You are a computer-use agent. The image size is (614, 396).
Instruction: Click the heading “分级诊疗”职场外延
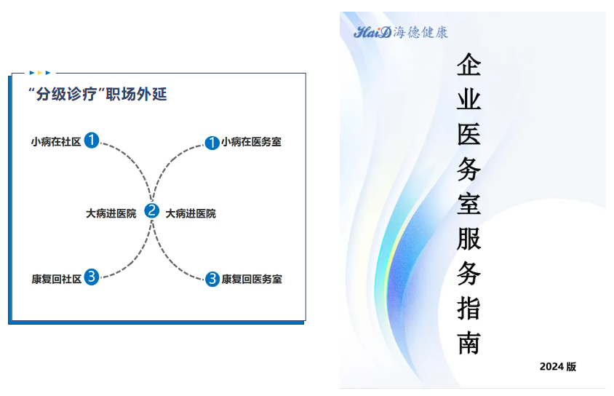point(97,94)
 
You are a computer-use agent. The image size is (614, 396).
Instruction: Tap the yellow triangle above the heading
point(39,73)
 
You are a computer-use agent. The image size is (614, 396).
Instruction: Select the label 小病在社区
point(56,142)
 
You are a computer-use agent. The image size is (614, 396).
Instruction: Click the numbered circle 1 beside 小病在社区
point(92,140)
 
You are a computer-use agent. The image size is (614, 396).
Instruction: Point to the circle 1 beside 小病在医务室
point(212,143)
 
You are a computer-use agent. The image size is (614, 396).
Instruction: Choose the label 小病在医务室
point(251,142)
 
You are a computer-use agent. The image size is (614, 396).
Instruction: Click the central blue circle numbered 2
point(151,210)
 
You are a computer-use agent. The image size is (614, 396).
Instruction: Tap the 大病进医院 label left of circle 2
point(111,213)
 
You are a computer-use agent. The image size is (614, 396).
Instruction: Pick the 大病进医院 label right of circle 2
point(191,213)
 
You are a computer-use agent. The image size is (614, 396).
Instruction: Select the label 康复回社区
point(57,279)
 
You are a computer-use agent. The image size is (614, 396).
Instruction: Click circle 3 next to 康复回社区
point(91,277)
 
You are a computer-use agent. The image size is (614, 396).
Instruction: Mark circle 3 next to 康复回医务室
point(212,279)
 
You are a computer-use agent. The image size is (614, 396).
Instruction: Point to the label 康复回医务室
point(252,279)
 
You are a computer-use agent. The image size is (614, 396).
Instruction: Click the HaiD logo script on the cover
point(372,32)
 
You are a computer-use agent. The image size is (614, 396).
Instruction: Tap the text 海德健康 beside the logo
point(420,32)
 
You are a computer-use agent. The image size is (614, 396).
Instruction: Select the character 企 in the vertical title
point(469,65)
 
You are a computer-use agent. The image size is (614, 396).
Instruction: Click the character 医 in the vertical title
point(469,134)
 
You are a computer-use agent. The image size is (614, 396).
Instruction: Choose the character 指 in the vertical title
point(469,308)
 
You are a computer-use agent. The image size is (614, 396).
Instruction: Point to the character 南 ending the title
point(469,343)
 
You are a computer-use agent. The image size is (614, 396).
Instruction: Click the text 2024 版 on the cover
point(557,367)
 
